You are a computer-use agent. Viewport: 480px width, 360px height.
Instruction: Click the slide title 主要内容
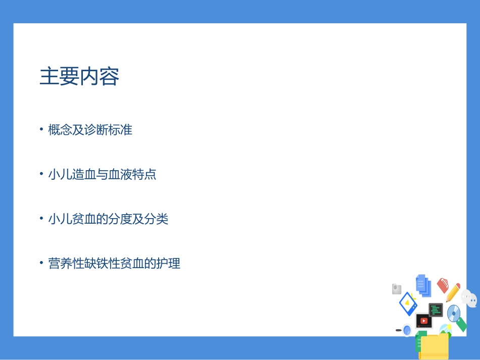tap(79, 77)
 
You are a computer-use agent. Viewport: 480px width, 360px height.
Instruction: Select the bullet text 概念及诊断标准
tap(90, 130)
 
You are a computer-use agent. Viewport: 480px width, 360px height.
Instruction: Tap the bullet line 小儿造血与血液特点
tap(102, 175)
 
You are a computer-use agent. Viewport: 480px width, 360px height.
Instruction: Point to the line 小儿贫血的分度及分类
tap(108, 219)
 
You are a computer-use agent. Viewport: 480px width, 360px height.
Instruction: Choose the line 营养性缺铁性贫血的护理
tap(114, 264)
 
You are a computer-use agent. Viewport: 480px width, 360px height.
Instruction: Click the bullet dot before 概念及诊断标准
tap(41, 130)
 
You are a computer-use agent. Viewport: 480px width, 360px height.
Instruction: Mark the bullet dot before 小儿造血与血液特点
tap(41, 175)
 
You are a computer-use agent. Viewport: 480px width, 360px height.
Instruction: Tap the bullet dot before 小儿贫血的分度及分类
tap(41, 219)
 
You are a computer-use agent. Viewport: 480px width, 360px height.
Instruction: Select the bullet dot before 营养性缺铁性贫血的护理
tap(41, 264)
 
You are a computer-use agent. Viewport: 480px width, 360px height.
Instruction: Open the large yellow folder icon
tap(434, 346)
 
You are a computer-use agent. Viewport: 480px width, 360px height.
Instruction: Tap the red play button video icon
tap(423, 321)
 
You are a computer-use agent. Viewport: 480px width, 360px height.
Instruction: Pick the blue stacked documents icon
tap(423, 285)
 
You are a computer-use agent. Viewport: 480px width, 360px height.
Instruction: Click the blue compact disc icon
tap(454, 313)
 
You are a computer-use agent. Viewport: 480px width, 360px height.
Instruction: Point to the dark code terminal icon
tap(436, 310)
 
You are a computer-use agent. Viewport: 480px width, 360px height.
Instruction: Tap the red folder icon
tap(443, 285)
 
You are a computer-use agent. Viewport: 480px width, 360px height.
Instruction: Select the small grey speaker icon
tap(397, 289)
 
